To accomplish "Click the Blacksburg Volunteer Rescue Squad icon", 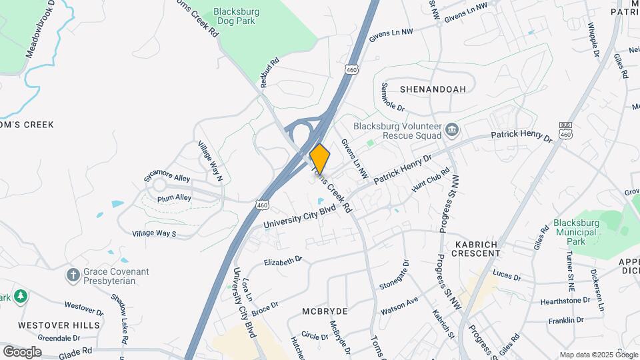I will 452,129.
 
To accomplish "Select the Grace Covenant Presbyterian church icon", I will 73,275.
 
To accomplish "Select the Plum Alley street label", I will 174,198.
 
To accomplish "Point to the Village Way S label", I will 154,233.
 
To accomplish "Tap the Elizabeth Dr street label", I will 283,261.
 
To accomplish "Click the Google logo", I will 22,351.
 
